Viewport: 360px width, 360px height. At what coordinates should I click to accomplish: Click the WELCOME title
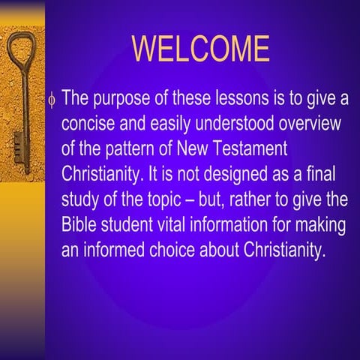[200, 49]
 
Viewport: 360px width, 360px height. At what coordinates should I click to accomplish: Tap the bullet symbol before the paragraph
[52, 99]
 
